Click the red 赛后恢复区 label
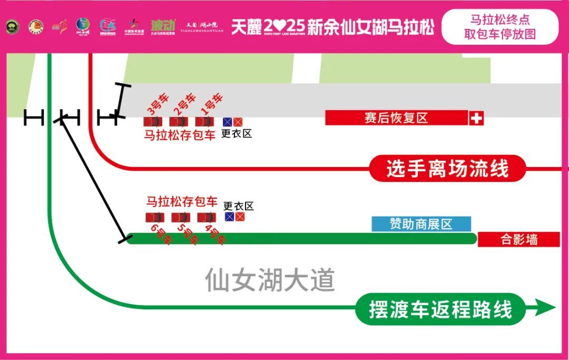point(396,118)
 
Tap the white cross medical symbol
point(476,118)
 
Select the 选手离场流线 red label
point(447,169)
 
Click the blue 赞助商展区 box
point(421,224)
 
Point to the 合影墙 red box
point(518,239)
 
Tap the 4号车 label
point(214,234)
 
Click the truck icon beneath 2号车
point(179,122)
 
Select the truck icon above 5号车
point(180,217)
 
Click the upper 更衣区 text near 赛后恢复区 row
point(237,133)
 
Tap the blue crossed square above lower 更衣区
point(229,217)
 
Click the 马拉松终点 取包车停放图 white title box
point(499,27)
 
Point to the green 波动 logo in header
point(162,25)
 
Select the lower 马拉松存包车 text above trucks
point(182,201)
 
